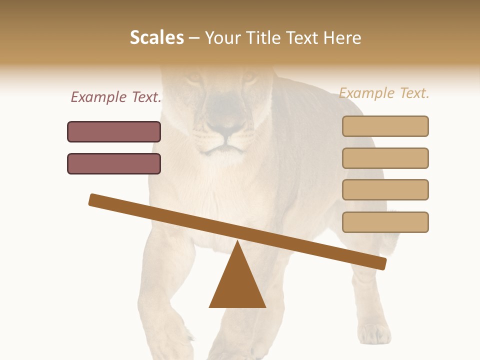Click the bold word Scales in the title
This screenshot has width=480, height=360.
(156, 37)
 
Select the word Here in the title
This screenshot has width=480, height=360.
(342, 37)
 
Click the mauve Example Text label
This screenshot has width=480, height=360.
(116, 97)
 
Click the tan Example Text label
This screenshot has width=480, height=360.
(384, 93)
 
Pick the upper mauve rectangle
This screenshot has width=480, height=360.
(114, 131)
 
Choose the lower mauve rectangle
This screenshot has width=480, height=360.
(114, 163)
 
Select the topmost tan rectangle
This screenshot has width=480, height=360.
(385, 126)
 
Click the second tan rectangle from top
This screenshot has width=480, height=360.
(385, 158)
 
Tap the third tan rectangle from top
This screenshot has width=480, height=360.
(385, 189)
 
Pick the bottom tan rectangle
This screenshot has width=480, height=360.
(385, 222)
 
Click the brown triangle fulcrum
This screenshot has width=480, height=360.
(237, 282)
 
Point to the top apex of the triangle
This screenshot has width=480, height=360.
(237, 242)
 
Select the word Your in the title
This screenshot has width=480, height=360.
(223, 37)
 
